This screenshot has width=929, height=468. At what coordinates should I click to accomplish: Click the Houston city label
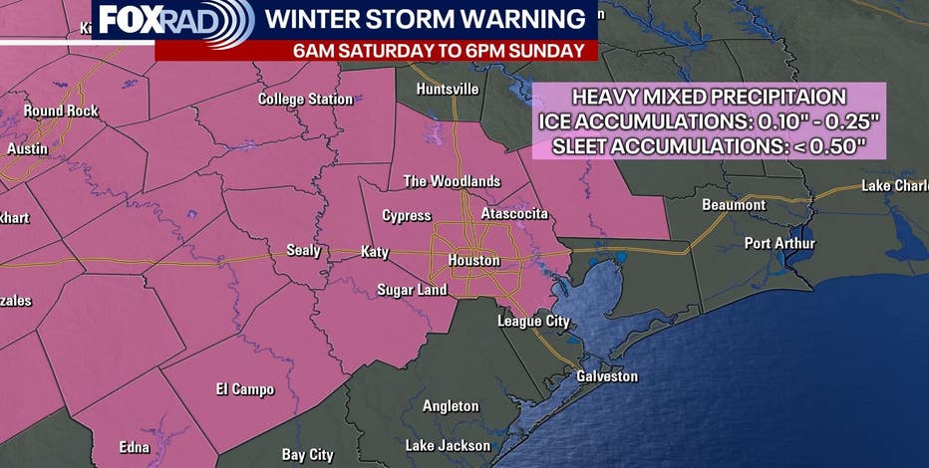click(473, 261)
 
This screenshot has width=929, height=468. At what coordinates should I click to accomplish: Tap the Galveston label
click(606, 376)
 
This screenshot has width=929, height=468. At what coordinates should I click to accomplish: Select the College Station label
click(305, 99)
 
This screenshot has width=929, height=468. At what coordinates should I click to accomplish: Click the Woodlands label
click(451, 181)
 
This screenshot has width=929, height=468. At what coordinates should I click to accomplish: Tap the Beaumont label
click(734, 205)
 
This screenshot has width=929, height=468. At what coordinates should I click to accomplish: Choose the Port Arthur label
click(779, 244)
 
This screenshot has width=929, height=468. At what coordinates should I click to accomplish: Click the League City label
click(533, 321)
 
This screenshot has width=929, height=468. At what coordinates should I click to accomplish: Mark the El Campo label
click(245, 389)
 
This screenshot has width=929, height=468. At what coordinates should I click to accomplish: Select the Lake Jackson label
click(448, 445)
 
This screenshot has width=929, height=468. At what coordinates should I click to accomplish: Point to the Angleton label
click(451, 406)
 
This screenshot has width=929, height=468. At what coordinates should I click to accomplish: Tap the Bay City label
click(307, 454)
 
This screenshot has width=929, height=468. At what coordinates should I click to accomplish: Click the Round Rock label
click(61, 111)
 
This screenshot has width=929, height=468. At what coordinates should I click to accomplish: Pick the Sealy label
click(303, 250)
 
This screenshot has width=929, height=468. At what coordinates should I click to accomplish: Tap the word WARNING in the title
click(521, 19)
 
